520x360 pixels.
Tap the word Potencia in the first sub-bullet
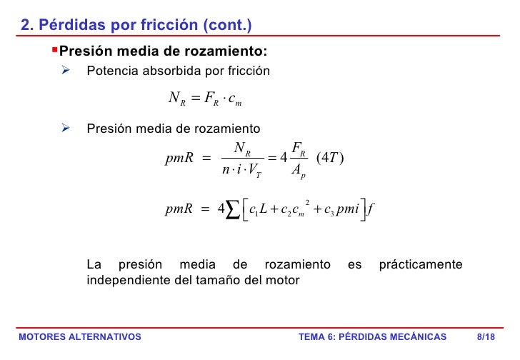[x=109, y=71]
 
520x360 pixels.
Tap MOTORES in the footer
[x=42, y=337]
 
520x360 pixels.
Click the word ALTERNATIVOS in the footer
[x=105, y=337]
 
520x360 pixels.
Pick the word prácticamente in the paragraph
[x=420, y=265]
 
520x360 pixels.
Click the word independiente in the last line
[x=128, y=280]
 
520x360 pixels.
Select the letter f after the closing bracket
[x=371, y=210]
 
